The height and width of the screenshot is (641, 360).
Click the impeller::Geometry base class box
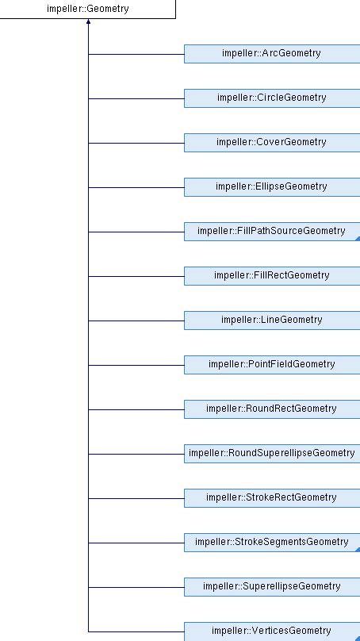pyautogui.click(x=87, y=10)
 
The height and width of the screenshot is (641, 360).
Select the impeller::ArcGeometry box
pyautogui.click(x=271, y=54)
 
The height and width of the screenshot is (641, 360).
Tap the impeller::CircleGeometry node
pyautogui.click(x=271, y=98)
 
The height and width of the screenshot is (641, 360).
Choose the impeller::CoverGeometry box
pyautogui.click(x=271, y=143)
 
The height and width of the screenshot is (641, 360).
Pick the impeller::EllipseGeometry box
pyautogui.click(x=271, y=187)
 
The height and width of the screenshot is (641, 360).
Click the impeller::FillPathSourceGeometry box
pyautogui.click(x=271, y=232)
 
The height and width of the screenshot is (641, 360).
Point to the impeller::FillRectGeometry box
pyautogui.click(x=271, y=276)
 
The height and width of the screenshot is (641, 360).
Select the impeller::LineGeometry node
pyautogui.click(x=271, y=320)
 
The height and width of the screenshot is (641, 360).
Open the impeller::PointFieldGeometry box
pyautogui.click(x=271, y=365)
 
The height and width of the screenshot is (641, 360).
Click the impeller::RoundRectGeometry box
pyautogui.click(x=271, y=409)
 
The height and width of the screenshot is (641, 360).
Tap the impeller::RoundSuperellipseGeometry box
pyautogui.click(x=271, y=454)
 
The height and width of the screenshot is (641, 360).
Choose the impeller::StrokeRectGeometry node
pyautogui.click(x=271, y=498)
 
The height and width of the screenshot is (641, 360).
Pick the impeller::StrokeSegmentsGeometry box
pyautogui.click(x=271, y=543)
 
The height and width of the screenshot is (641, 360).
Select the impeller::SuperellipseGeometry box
pyautogui.click(x=271, y=587)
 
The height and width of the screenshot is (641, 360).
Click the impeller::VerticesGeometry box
pyautogui.click(x=271, y=631)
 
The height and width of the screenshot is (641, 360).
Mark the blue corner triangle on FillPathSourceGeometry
pyautogui.click(x=357, y=239)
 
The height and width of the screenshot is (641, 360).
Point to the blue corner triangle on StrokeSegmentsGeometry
pyautogui.click(x=357, y=550)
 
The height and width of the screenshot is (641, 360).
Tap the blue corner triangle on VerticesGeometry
pyautogui.click(x=357, y=638)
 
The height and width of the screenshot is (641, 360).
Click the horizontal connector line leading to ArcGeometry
pyautogui.click(x=136, y=54)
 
